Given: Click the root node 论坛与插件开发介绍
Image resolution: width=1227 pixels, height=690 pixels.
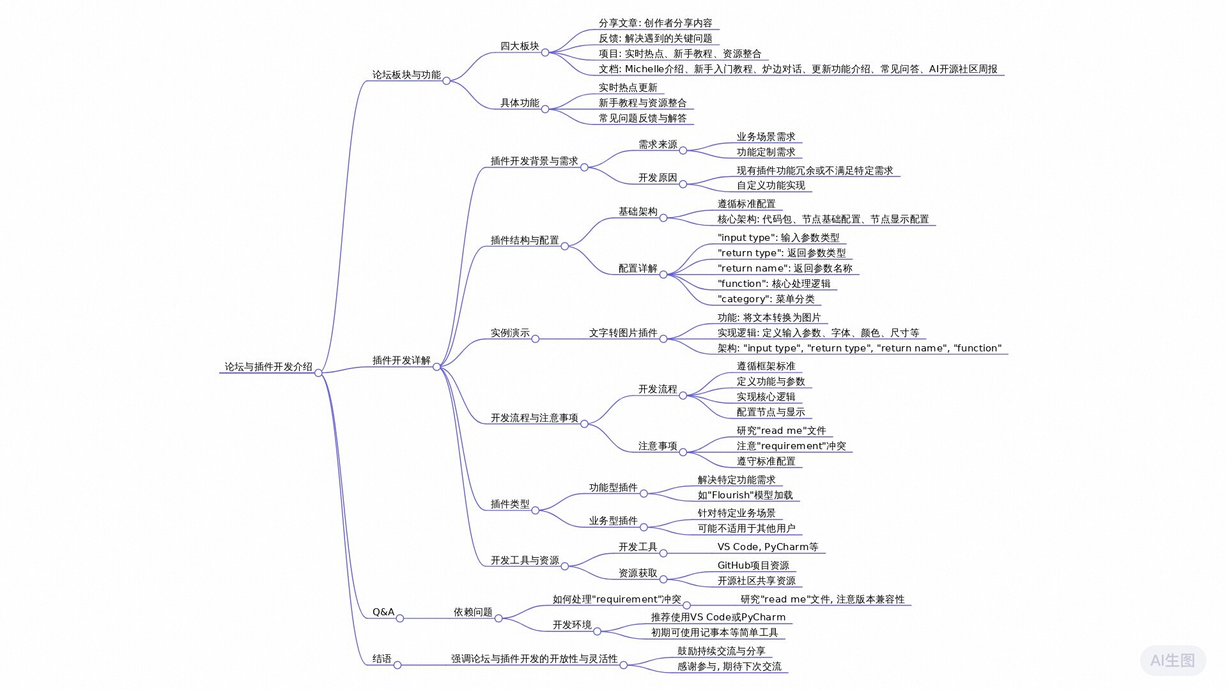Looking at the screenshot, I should (x=268, y=367).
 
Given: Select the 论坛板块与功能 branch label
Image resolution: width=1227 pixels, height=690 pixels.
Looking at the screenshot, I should (x=406, y=75).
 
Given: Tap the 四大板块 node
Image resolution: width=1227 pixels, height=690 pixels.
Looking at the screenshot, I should (x=520, y=46).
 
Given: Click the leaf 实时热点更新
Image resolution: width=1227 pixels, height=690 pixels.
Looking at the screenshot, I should (x=628, y=88).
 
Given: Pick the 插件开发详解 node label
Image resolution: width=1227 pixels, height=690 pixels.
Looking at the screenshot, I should (x=401, y=360).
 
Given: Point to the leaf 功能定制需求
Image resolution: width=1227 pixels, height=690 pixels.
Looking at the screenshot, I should (x=766, y=152).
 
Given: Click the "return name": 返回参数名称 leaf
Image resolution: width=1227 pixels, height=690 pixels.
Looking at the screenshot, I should (x=785, y=268).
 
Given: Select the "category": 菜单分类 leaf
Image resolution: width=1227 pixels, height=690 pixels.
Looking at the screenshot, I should (x=766, y=299).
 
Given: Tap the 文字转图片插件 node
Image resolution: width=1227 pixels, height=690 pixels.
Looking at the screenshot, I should (x=622, y=333).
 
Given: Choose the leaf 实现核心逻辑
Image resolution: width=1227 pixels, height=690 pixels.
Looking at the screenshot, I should (x=766, y=397).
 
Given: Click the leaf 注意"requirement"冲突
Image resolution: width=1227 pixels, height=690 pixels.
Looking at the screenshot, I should (x=791, y=446).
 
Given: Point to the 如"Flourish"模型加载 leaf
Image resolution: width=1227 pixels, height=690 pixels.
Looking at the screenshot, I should (x=745, y=495).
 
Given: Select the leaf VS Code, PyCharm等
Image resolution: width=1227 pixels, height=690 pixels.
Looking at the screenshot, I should (x=768, y=547).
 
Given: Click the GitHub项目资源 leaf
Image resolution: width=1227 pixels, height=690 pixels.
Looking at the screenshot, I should (x=753, y=565).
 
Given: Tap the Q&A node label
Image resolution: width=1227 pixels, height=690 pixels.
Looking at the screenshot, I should (x=383, y=612).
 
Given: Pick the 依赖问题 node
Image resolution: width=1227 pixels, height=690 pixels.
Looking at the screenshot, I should (x=473, y=612).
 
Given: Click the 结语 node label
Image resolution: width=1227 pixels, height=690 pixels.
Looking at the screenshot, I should (x=382, y=659).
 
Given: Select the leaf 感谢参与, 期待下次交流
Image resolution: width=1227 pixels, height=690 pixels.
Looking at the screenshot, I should (x=729, y=666).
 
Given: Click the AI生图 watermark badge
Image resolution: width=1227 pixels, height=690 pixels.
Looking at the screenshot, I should (x=1173, y=660).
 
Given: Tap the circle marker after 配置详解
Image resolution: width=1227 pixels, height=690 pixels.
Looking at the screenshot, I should (x=663, y=275).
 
